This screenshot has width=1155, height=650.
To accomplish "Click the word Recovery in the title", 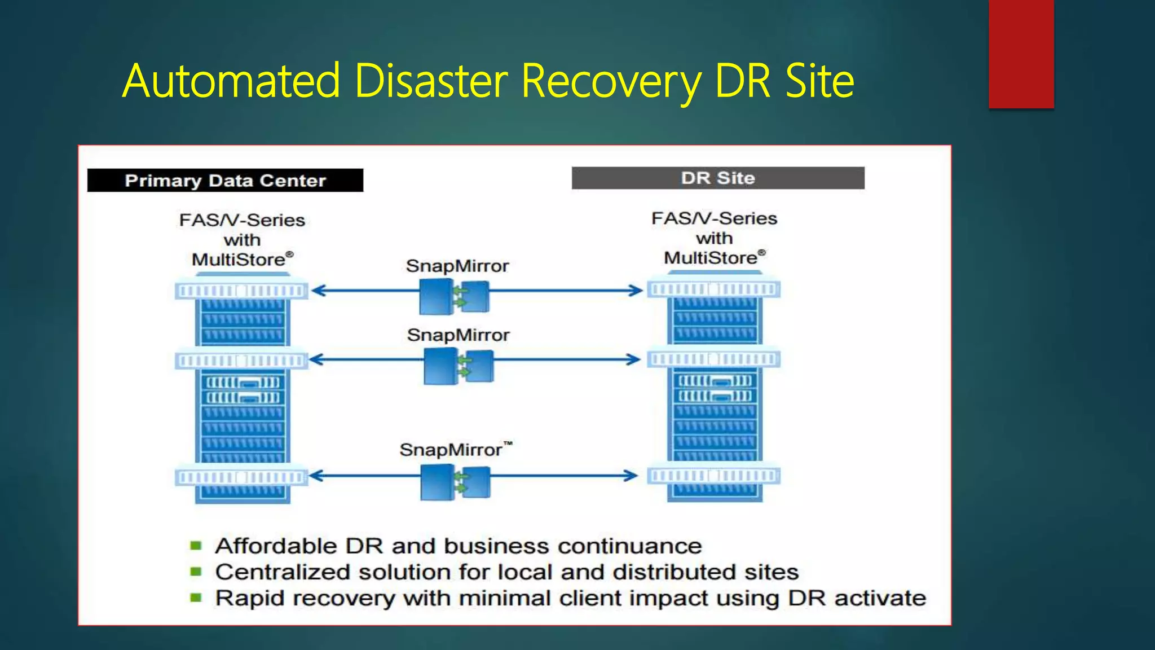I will pyautogui.click(x=611, y=82).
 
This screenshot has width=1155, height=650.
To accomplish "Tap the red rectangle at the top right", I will pyautogui.click(x=1021, y=54).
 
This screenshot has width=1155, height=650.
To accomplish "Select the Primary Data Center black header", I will pyautogui.click(x=225, y=181).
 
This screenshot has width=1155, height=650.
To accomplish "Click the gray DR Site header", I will pyautogui.click(x=717, y=178).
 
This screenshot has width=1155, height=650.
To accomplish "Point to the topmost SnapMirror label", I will pyautogui.click(x=457, y=266).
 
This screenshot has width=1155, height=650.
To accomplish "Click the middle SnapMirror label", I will pyautogui.click(x=458, y=335).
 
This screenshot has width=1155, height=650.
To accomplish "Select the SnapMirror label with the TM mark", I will pyautogui.click(x=451, y=450).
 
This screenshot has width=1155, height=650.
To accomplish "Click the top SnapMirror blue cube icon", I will pyautogui.click(x=455, y=297).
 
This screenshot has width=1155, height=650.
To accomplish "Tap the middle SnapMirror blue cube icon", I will pyautogui.click(x=458, y=366).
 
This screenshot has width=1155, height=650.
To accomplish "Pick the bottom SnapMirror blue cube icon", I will pyautogui.click(x=455, y=481).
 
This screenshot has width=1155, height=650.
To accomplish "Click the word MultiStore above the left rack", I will pyautogui.click(x=239, y=260).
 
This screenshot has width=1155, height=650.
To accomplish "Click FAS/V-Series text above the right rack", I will pyautogui.click(x=714, y=218).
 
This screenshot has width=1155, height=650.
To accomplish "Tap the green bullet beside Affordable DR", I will pyautogui.click(x=196, y=546).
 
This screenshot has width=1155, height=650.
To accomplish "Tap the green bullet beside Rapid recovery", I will pyautogui.click(x=196, y=598).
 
